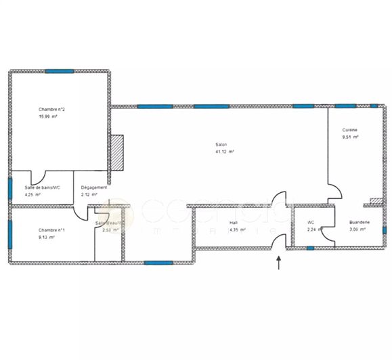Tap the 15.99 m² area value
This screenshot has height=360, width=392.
[48, 116]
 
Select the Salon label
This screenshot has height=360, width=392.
[221, 145]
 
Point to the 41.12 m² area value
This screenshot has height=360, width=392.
[225, 152]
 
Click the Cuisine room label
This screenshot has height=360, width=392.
[349, 130]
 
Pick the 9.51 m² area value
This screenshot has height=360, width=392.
[350, 137]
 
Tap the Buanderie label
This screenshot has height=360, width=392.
[359, 222]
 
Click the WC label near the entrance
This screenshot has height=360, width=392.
[311, 222]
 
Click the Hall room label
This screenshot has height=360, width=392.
[234, 222]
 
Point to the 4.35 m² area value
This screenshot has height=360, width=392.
[237, 229]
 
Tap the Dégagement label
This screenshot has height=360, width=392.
[94, 187]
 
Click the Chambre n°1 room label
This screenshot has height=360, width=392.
[51, 230]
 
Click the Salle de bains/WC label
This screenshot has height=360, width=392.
[43, 187]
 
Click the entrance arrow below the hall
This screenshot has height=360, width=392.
[279, 262]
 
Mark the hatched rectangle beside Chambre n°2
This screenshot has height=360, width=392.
[116, 152]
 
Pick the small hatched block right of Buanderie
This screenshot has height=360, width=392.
[376, 200]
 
